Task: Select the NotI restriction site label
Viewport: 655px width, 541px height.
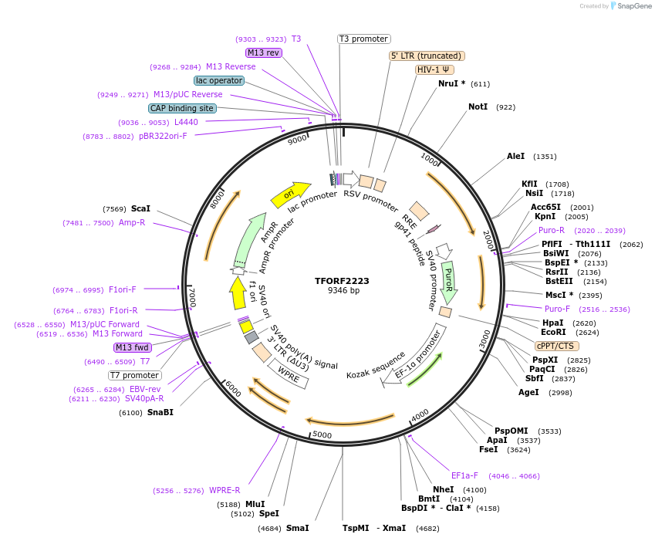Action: point(478,107)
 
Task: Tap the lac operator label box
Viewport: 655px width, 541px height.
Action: point(219,80)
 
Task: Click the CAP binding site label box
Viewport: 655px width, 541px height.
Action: point(182,108)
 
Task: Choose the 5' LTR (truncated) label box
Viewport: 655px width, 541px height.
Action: point(426,56)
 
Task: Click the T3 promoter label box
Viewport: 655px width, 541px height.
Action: point(364,39)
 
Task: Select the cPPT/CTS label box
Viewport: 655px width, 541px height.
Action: point(555,346)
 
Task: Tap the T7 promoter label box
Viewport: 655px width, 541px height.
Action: point(134,375)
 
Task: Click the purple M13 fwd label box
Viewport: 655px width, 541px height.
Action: point(133,347)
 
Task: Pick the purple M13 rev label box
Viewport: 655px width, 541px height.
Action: point(264,52)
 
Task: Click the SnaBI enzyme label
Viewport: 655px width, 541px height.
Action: point(160,412)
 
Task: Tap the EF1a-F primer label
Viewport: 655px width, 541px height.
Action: point(464,475)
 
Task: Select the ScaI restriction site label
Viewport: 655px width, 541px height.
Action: point(140,208)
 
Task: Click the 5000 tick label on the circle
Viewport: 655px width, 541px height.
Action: point(322,434)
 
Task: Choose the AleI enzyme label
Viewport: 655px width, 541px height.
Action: point(515,156)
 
